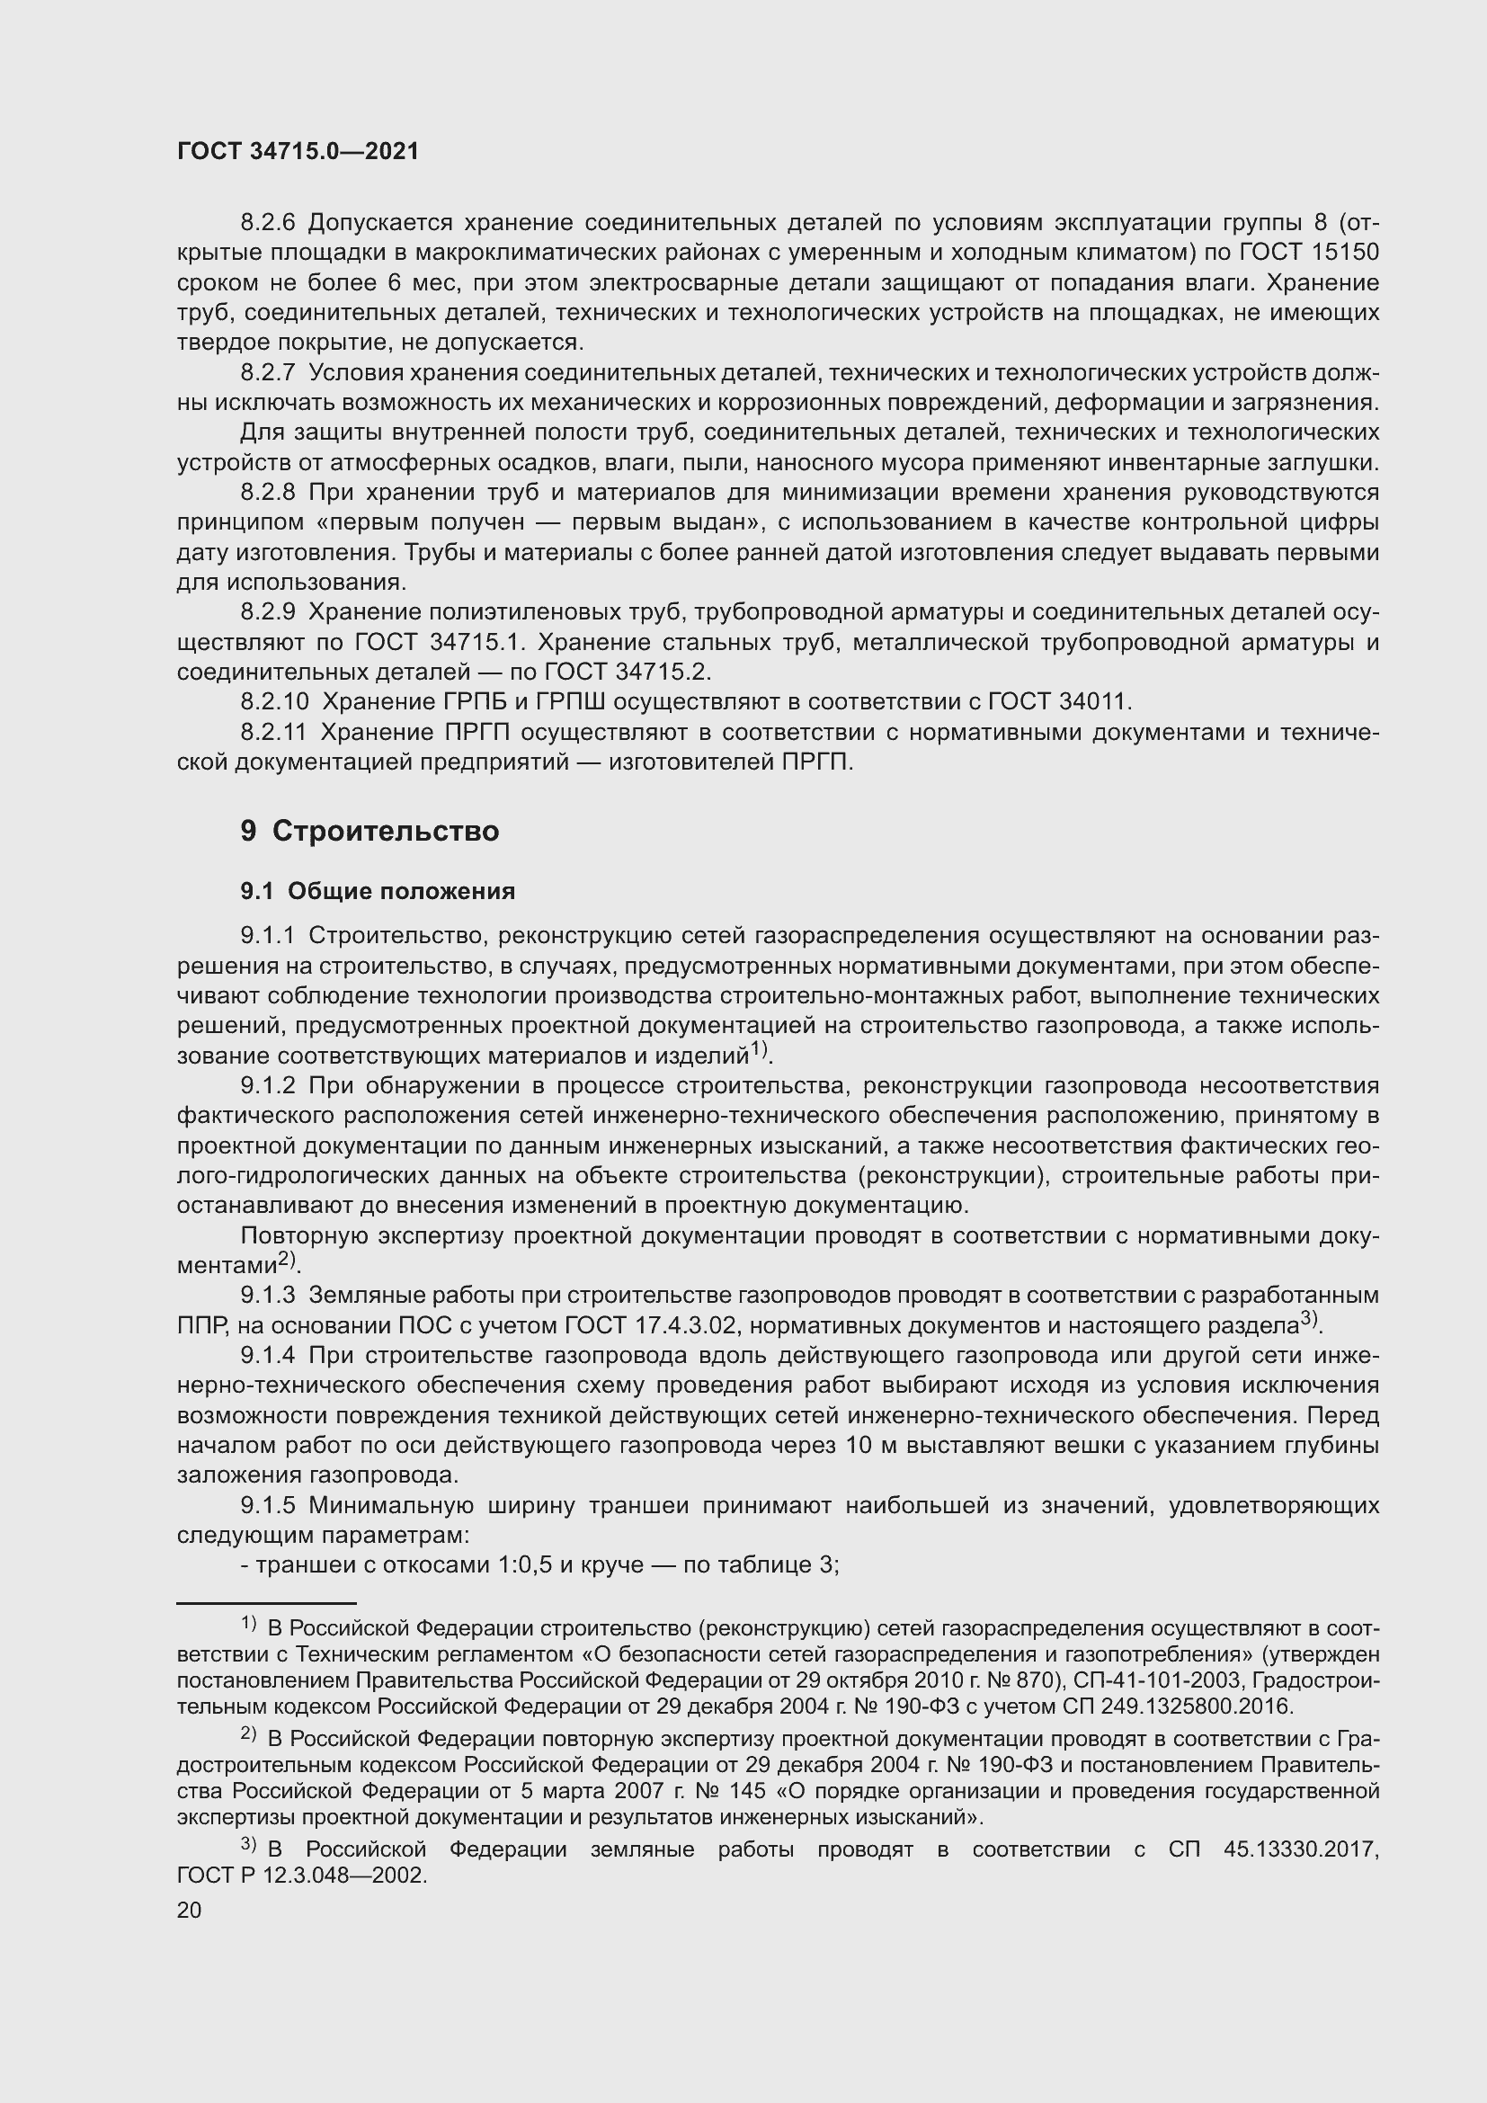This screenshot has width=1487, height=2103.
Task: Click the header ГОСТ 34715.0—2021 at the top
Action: pyautogui.click(x=298, y=152)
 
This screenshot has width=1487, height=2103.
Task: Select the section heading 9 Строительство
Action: pyautogui.click(x=370, y=831)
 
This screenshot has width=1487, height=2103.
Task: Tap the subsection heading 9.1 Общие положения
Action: pyautogui.click(x=378, y=890)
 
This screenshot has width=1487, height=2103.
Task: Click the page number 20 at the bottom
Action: pyautogui.click(x=189, y=1910)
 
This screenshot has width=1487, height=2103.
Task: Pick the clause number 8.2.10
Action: pyautogui.click(x=275, y=701)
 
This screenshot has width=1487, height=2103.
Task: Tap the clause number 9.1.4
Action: pyautogui.click(x=267, y=1356)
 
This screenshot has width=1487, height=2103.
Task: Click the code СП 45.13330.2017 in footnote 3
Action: pyautogui.click(x=1273, y=1849)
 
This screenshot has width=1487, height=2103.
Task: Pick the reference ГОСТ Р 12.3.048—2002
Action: pyautogui.click(x=301, y=1875)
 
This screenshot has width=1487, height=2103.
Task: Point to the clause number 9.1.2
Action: pyautogui.click(x=267, y=1086)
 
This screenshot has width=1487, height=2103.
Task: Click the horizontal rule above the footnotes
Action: pyautogui.click(x=265, y=1604)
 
